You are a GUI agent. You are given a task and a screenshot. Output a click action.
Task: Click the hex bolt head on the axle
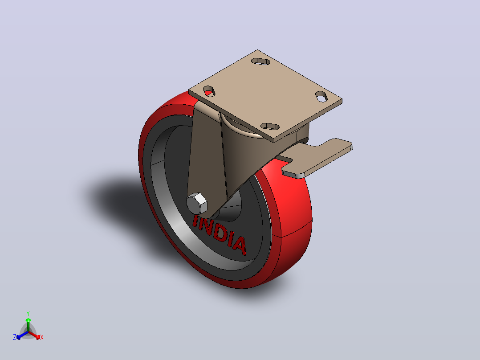[x=197, y=204]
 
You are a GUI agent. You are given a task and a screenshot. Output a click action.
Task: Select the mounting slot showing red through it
[x=209, y=91]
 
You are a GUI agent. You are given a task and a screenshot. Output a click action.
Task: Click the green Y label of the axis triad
[x=28, y=313]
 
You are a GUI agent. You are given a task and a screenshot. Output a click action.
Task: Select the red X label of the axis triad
[x=42, y=337]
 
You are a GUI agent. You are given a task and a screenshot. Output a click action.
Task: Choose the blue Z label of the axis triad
[x=14, y=337]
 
